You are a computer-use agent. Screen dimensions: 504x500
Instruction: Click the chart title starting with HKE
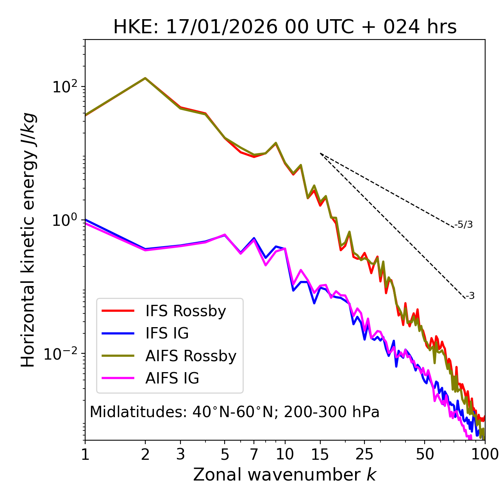click(x=285, y=27)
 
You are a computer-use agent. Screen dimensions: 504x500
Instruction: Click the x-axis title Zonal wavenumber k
click(x=284, y=474)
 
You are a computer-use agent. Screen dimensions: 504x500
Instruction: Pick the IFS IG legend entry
click(x=167, y=333)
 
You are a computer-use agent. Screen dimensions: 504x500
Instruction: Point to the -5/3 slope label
click(x=464, y=225)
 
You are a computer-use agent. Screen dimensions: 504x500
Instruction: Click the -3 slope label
click(x=470, y=296)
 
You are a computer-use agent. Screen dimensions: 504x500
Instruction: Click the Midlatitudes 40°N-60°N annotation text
click(x=234, y=412)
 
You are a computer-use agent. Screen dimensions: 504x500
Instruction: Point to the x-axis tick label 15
click(x=320, y=454)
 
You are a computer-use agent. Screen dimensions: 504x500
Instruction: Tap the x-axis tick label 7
click(x=254, y=454)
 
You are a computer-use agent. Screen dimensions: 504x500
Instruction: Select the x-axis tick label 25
click(x=364, y=454)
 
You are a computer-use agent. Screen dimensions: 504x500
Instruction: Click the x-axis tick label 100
click(x=484, y=454)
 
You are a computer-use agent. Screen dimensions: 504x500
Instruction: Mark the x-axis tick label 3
click(x=180, y=454)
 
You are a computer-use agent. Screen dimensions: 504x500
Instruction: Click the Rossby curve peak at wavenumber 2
click(x=145, y=78)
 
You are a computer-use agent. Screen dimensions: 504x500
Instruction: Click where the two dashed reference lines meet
click(x=320, y=153)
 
